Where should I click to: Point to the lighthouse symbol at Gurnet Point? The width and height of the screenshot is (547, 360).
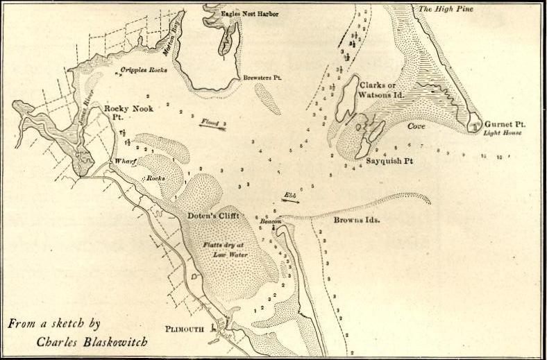click(x=475, y=125)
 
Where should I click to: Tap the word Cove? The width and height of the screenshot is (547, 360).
click(x=416, y=127)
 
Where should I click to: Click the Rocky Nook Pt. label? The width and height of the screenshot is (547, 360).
click(x=123, y=114)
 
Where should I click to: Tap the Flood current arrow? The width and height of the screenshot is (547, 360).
click(x=212, y=125)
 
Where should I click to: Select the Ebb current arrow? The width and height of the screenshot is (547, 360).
click(x=289, y=198)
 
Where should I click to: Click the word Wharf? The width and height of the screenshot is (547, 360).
click(x=126, y=161)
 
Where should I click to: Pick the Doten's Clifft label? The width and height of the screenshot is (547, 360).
click(x=213, y=216)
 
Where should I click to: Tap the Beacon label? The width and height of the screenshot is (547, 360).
click(x=270, y=221)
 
